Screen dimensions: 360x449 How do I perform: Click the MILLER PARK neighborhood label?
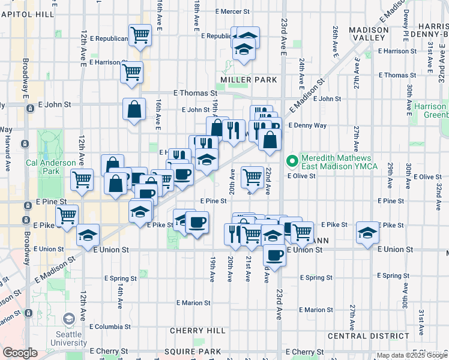249,80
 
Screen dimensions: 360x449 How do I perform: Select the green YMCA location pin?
292,160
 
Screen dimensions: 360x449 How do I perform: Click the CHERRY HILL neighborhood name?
197,331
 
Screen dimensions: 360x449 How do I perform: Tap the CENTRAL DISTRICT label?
364,336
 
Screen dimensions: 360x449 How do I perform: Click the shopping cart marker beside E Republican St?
140,35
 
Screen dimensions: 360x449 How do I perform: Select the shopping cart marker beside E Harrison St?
131,72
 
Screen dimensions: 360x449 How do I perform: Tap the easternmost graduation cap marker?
367,233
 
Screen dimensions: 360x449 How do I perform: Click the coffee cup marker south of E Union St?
275,254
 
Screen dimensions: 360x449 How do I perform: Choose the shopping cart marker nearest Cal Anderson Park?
82,178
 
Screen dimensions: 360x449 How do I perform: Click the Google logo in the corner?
20,353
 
